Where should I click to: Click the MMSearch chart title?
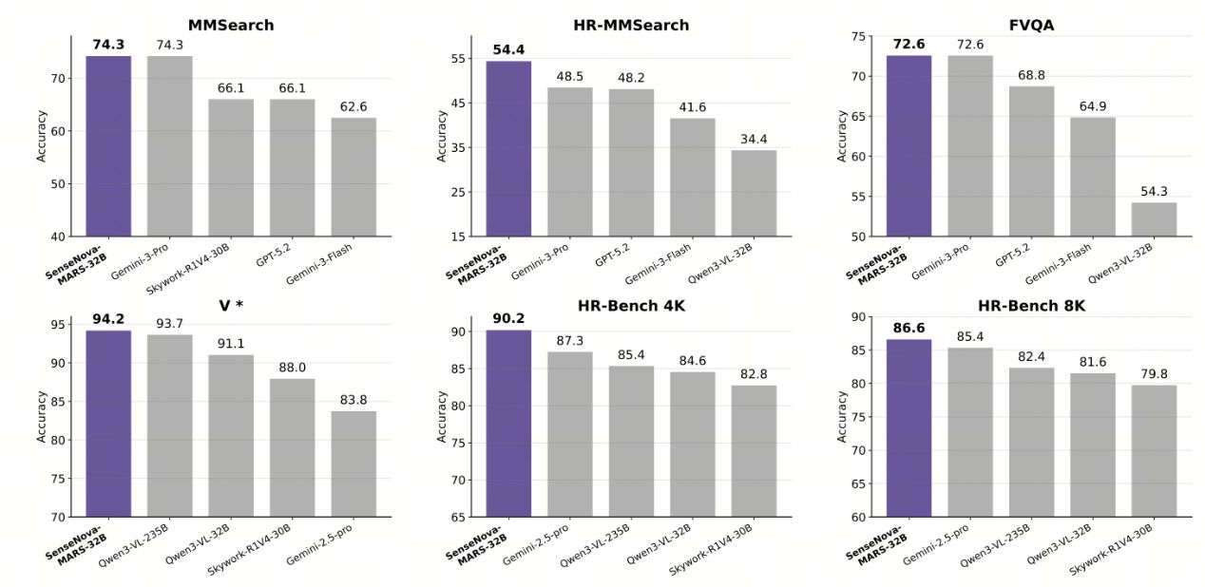tap(231, 25)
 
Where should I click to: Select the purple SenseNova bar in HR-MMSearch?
tap(508, 148)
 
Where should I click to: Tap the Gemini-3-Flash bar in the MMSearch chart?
tap(354, 177)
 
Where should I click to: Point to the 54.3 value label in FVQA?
tap(1154, 190)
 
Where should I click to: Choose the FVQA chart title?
tap(1031, 25)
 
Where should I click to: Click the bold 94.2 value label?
tap(108, 319)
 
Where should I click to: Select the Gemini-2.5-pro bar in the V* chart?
tap(354, 464)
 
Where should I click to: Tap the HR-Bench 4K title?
tap(631, 305)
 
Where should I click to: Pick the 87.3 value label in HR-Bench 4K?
tap(569, 340)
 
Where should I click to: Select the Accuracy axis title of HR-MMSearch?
tap(442, 136)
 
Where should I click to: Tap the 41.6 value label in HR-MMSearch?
tap(692, 106)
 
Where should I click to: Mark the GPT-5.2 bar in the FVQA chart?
tap(1031, 161)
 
